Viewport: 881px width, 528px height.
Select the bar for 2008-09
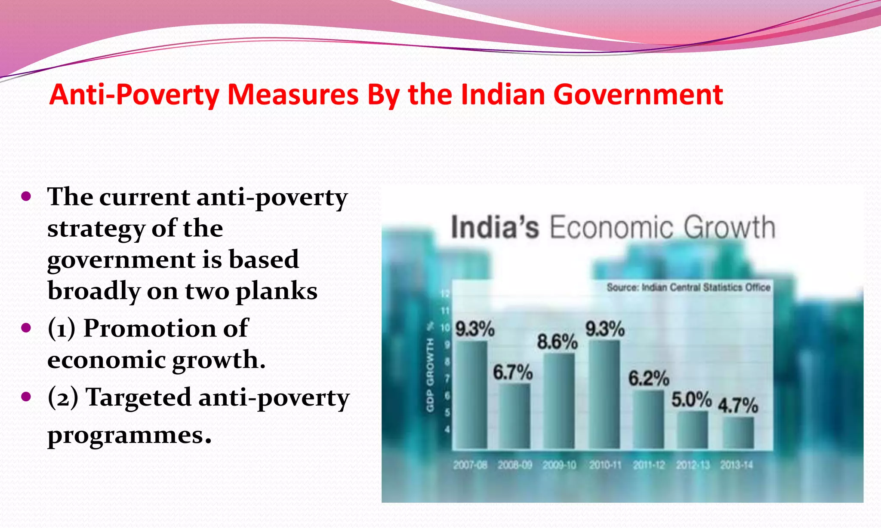[514, 416]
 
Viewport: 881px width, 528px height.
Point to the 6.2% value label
[649, 378]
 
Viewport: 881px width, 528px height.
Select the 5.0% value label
[691, 400]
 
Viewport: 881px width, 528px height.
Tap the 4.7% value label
[738, 405]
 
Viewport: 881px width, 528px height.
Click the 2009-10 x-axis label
[559, 465]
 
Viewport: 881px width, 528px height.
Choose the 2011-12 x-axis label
[649, 465]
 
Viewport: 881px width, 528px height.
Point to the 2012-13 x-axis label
[693, 465]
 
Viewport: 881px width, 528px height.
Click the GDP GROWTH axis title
[430, 374]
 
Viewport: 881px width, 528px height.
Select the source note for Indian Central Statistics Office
[688, 287]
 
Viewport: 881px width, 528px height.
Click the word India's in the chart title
[495, 227]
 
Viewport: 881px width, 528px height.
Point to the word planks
[277, 291]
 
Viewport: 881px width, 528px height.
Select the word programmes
[129, 435]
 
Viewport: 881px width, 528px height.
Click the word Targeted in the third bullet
[139, 397]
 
